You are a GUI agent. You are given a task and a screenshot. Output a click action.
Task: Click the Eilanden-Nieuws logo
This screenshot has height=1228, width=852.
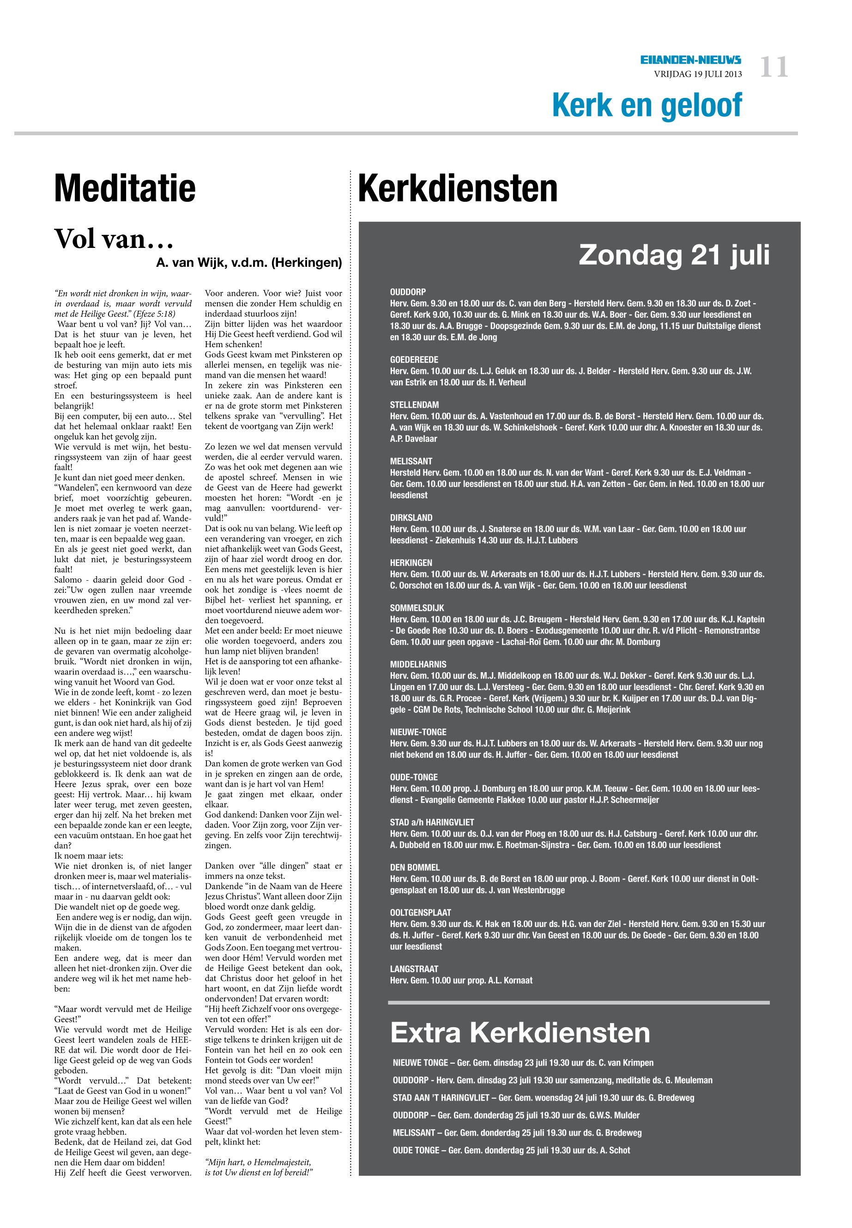coord(691,61)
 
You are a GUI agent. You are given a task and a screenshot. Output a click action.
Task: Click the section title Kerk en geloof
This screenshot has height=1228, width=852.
coord(647,105)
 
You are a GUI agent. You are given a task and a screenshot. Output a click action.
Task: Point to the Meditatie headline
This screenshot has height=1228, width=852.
coord(125,188)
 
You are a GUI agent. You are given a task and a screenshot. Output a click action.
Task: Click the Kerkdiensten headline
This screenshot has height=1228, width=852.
coord(458,188)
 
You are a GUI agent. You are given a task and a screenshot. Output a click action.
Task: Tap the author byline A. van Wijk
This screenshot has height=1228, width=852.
coord(248,263)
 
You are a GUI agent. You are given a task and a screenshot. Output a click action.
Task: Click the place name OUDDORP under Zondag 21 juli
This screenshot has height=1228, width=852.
coord(408,292)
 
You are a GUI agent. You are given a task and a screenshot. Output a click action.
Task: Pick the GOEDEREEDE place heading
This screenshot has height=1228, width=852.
coord(414,360)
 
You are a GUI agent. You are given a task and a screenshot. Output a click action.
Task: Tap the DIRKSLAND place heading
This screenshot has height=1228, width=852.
coord(411,518)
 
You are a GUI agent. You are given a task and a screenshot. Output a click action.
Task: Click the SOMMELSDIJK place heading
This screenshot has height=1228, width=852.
coord(417,608)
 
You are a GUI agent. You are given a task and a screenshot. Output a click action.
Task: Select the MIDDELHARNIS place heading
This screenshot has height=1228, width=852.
coord(418,664)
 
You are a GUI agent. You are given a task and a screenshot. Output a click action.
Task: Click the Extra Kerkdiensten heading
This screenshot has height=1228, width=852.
coord(520,1033)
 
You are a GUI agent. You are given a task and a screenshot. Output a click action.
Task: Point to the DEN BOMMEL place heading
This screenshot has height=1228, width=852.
coord(415,868)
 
